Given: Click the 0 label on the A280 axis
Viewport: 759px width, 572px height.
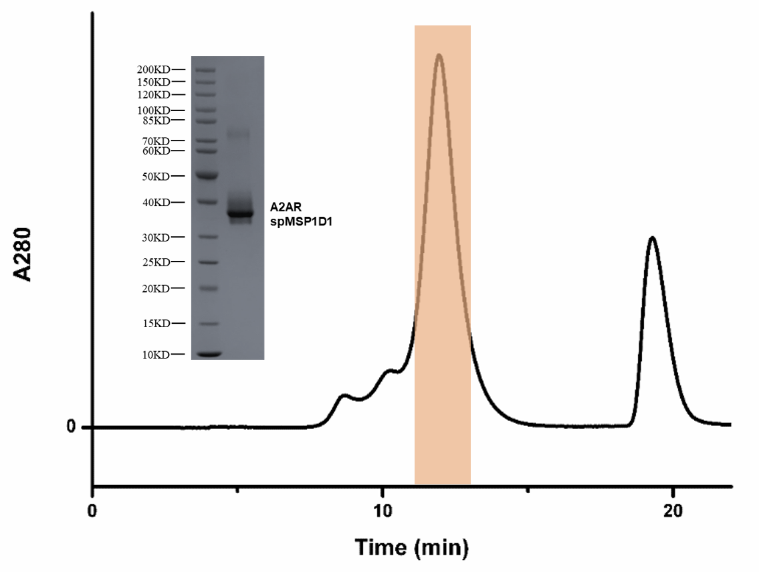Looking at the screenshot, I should point(70,427).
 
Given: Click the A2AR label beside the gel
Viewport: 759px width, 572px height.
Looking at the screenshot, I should point(287,207).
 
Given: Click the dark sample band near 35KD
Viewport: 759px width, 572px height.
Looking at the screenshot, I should point(239,213).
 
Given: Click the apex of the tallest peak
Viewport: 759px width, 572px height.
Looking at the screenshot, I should point(439,55).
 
